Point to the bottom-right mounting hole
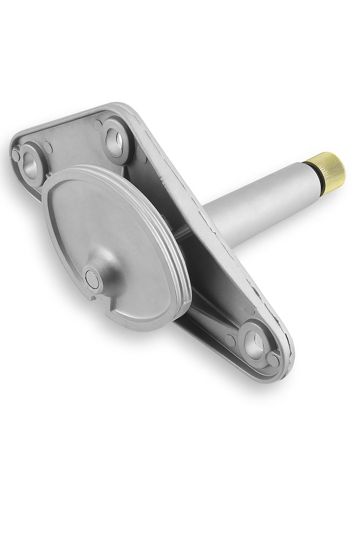[254, 344]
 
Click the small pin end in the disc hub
[92, 279]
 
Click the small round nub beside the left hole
[16, 155]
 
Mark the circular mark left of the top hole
[97, 125]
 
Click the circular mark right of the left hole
[49, 146]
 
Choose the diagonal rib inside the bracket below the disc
[210, 319]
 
